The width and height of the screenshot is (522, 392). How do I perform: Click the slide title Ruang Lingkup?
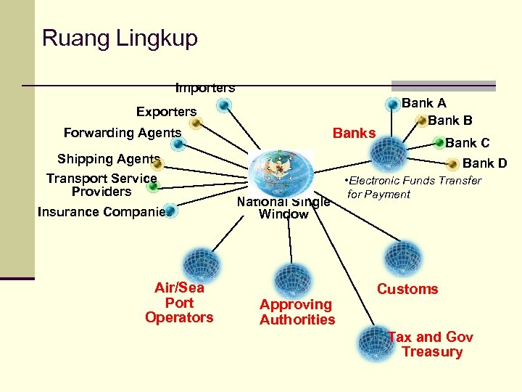120,38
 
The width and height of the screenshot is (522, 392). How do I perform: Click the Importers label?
205,89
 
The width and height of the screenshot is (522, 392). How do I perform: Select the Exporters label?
166,112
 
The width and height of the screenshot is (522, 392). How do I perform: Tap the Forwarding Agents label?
122,133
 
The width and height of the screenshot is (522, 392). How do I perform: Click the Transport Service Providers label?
101,185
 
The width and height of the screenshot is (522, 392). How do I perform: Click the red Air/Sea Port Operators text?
179,303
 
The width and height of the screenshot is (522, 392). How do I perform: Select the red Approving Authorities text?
297,312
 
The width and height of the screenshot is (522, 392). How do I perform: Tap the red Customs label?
407,289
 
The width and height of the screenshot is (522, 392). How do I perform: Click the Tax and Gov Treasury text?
431,344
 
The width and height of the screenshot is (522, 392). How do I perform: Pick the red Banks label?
354,133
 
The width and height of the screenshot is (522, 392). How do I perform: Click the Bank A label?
424,104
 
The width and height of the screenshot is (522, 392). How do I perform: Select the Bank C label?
467,143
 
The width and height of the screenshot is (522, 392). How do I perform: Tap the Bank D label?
484,163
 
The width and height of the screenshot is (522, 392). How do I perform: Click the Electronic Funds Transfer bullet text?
413,187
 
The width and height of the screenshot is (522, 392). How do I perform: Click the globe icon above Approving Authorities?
293,279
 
